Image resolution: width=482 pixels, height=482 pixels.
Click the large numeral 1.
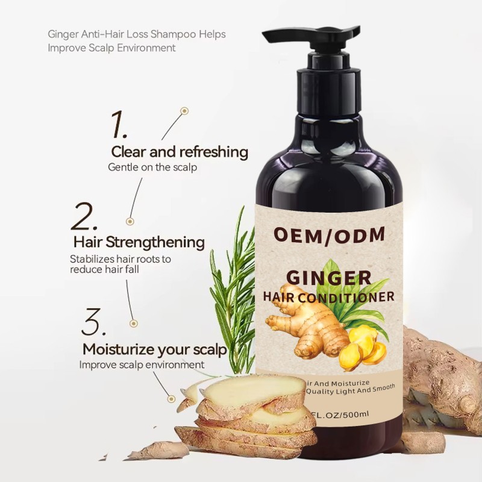click(117, 125)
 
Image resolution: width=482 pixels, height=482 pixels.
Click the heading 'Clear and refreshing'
click(180, 151)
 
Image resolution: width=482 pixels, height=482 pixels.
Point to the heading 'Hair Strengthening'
click(139, 242)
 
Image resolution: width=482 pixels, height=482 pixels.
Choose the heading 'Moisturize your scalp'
click(154, 349)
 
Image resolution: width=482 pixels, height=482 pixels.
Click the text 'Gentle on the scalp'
click(152, 166)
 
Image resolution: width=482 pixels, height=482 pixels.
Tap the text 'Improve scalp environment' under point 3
click(142, 365)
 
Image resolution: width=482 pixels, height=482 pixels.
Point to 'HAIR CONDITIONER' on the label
click(328, 296)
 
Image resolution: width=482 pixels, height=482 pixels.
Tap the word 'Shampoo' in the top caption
click(174, 34)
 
